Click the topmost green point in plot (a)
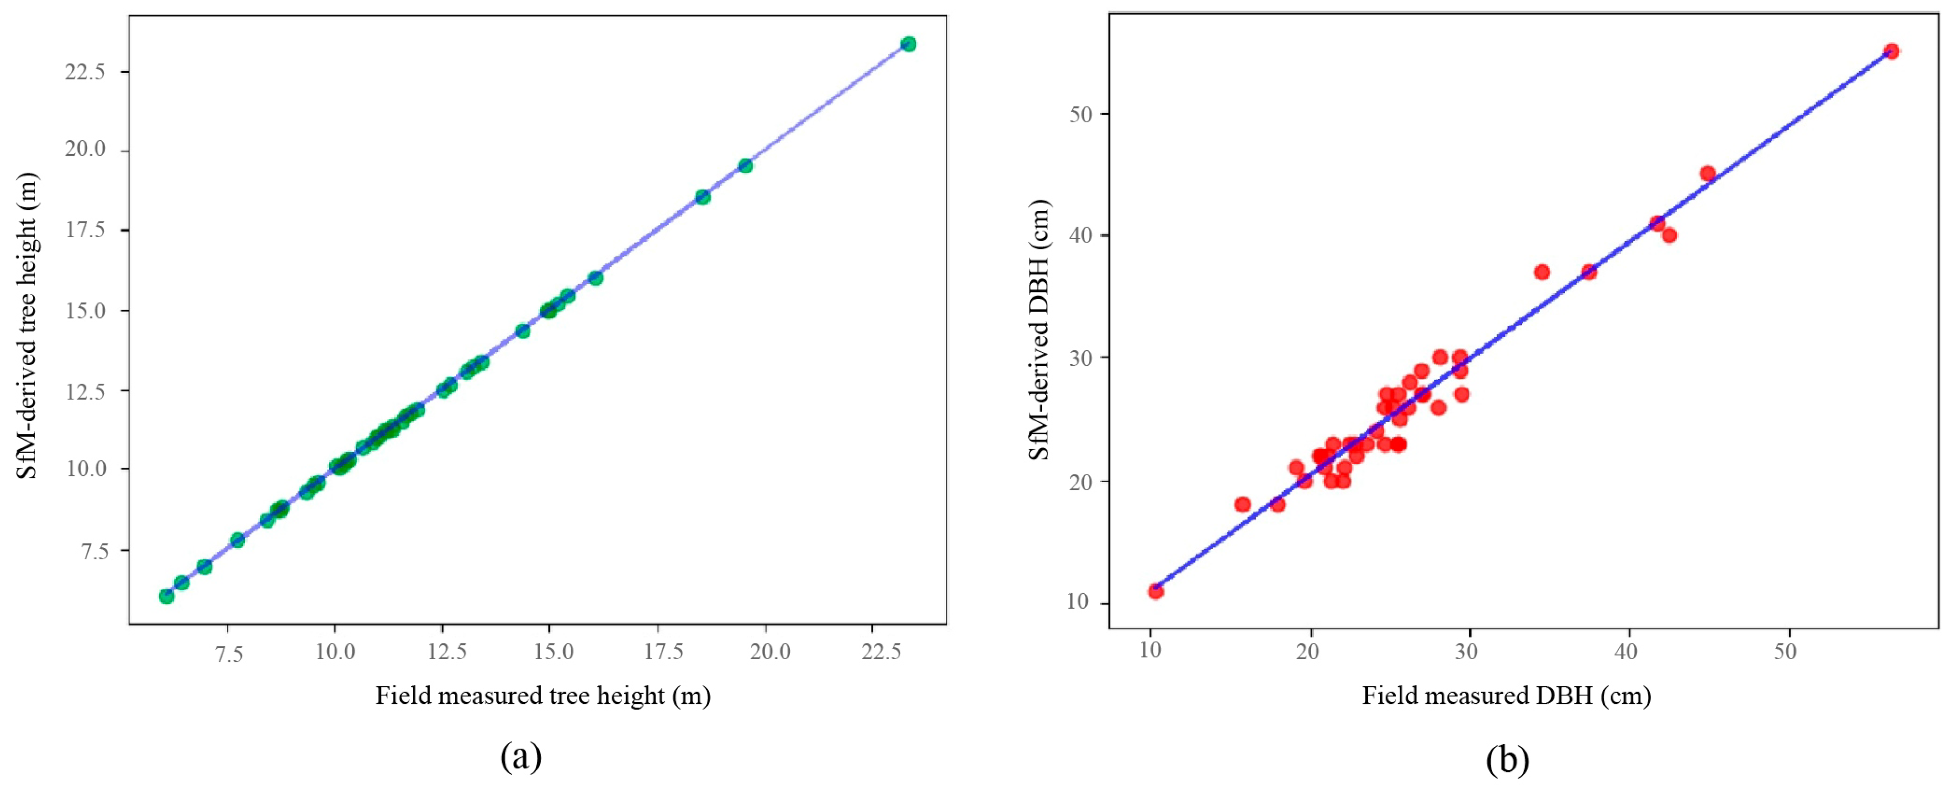pos(908,44)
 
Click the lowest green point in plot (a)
pos(166,596)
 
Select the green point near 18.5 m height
pos(703,197)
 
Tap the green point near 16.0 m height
pos(596,278)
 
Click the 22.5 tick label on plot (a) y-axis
pos(84,71)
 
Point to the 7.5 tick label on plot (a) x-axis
pos(227,653)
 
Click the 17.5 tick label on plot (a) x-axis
pos(663,653)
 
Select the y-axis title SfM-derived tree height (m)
pos(27,326)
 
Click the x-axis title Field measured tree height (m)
pos(543,695)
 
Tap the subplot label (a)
pos(521,758)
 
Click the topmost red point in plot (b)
pos(1891,52)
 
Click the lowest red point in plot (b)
pos(1156,591)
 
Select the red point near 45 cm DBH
pos(1707,174)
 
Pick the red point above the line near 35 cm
pos(1542,272)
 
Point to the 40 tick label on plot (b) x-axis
pos(1627,651)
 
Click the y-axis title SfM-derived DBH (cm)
pos(1038,330)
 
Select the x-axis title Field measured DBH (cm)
pos(1506,695)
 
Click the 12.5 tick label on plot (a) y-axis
pos(84,391)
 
